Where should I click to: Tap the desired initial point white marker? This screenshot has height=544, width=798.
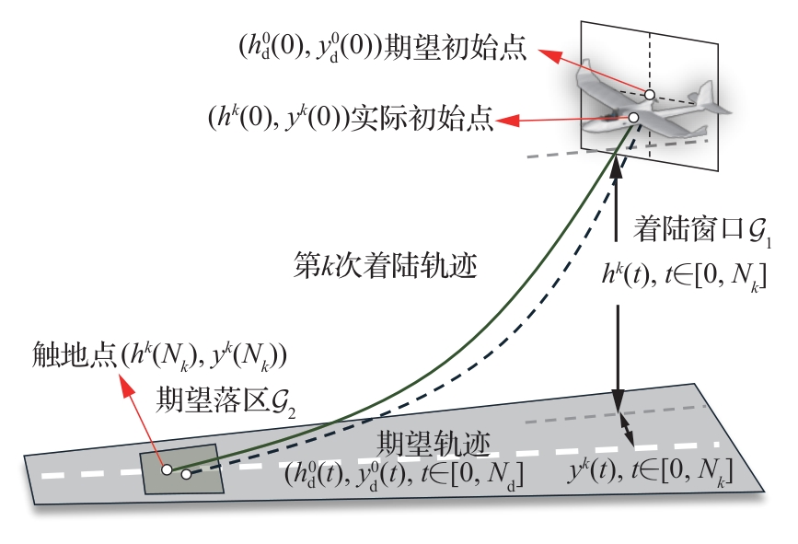pyautogui.click(x=649, y=95)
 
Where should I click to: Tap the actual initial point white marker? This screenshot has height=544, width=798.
pyautogui.click(x=633, y=118)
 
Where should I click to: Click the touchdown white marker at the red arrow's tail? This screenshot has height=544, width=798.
pyautogui.click(x=167, y=469)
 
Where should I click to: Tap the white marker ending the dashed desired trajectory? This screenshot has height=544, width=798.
pyautogui.click(x=186, y=475)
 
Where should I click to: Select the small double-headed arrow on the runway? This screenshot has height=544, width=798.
pyautogui.click(x=628, y=424)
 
